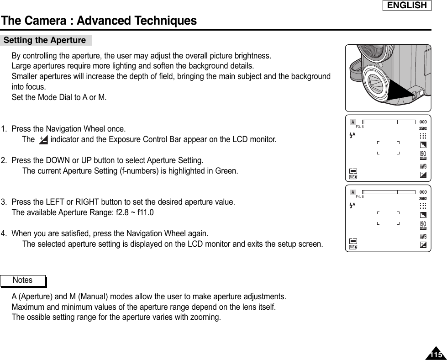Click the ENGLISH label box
click(x=406, y=5)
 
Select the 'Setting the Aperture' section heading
click(x=45, y=40)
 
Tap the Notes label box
click(x=23, y=280)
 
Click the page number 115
click(x=436, y=355)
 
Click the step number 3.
click(x=4, y=201)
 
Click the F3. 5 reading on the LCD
click(x=359, y=127)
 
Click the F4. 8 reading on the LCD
click(x=359, y=196)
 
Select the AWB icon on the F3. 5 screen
click(x=423, y=165)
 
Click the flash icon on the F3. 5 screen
click(x=352, y=135)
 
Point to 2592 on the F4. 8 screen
click(x=423, y=199)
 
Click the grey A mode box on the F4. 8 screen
click(x=353, y=191)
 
